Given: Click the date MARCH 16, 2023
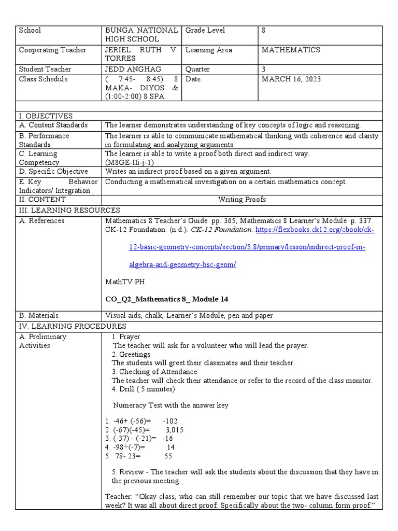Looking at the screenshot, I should click(x=291, y=79).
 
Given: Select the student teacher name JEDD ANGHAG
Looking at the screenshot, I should click(x=133, y=69).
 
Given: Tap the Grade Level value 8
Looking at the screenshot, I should click(x=264, y=31).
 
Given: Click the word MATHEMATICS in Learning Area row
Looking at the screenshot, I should click(x=291, y=50).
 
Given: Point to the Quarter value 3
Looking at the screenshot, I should click(x=264, y=69).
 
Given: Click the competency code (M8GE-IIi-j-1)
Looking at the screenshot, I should click(x=132, y=162).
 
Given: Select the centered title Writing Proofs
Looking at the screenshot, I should click(x=242, y=200).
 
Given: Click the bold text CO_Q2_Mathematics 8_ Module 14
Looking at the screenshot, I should click(x=166, y=300).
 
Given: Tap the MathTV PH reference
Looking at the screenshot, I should click(x=125, y=283).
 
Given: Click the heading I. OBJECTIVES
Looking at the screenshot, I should click(x=46, y=116).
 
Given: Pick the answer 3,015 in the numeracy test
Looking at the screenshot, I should click(x=174, y=430).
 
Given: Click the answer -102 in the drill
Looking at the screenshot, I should click(x=169, y=421).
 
